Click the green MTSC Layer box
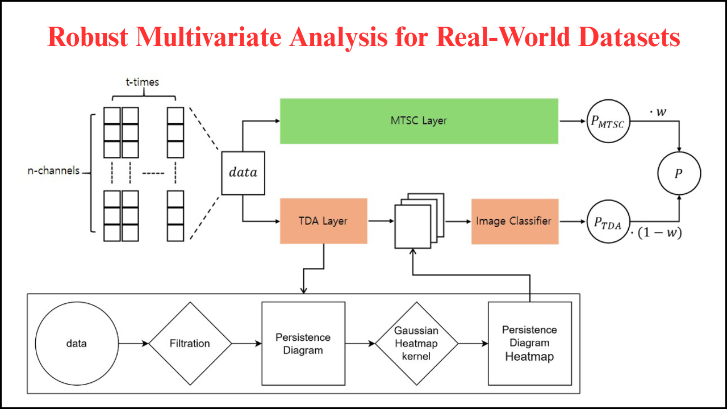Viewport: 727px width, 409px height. [419, 121]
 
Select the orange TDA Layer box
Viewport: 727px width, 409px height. [323, 221]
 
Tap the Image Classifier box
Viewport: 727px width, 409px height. [515, 221]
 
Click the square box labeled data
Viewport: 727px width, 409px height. [243, 173]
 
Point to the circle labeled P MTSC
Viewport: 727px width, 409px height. [609, 122]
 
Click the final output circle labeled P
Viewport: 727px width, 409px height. [679, 174]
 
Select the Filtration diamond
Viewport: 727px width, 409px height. [190, 344]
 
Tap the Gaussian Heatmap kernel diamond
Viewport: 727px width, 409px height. [416, 344]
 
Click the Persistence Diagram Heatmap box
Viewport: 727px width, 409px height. [529, 344]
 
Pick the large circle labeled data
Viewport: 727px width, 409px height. [77, 344]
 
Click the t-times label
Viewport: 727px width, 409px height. [142, 82]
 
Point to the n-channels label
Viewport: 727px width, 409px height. [54, 170]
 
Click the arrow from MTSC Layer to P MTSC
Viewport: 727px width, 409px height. [573, 121]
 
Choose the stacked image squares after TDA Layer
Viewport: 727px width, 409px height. [419, 221]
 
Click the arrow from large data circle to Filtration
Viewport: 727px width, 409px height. [133, 344]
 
